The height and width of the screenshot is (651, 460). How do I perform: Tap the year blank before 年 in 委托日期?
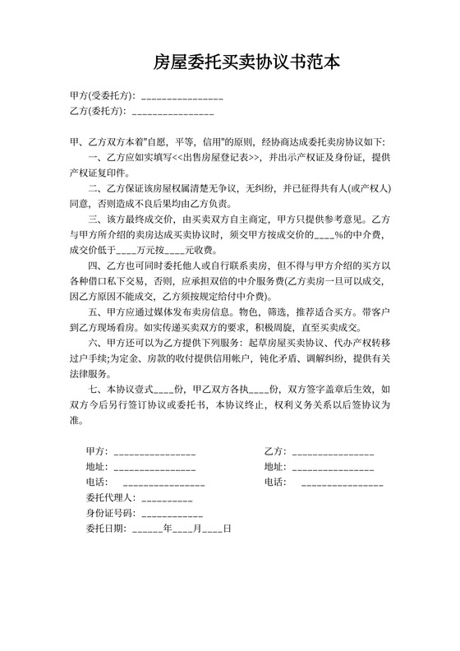146,531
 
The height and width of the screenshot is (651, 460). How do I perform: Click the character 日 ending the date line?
228,529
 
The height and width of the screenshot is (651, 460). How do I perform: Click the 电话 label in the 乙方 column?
274,482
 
